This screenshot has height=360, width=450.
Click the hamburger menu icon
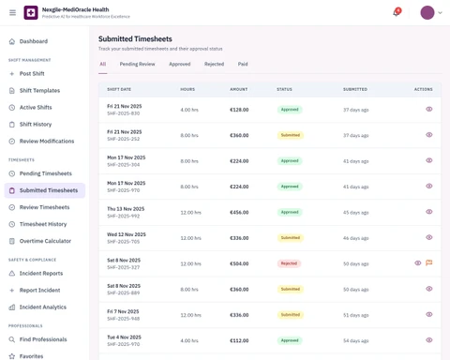click(12, 13)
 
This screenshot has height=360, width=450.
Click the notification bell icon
click(396, 13)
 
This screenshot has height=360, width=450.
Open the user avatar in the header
click(427, 13)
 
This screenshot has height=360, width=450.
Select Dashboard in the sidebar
click(33, 41)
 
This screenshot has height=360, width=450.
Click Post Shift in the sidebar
click(32, 74)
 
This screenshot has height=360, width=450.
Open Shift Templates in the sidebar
click(39, 91)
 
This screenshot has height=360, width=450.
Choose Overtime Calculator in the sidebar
click(45, 241)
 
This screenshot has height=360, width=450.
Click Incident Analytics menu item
click(43, 307)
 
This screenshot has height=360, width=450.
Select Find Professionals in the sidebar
click(43, 339)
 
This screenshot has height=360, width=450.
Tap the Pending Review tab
click(137, 65)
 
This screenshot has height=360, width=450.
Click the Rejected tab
click(214, 65)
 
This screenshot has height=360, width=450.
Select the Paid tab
click(243, 65)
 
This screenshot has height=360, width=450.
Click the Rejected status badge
click(289, 263)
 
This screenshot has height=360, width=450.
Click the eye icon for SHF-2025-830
click(429, 110)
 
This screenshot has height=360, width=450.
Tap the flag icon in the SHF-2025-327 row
click(429, 263)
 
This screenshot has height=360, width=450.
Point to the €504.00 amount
click(240, 263)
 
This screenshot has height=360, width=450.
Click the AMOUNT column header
click(238, 89)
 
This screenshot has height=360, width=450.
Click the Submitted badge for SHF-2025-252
click(290, 135)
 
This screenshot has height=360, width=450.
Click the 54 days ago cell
click(355, 340)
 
